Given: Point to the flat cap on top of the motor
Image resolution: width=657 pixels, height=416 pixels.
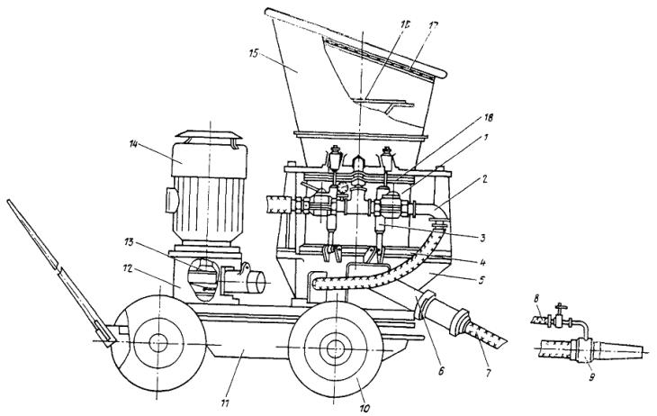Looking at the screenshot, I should pos(208,138).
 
